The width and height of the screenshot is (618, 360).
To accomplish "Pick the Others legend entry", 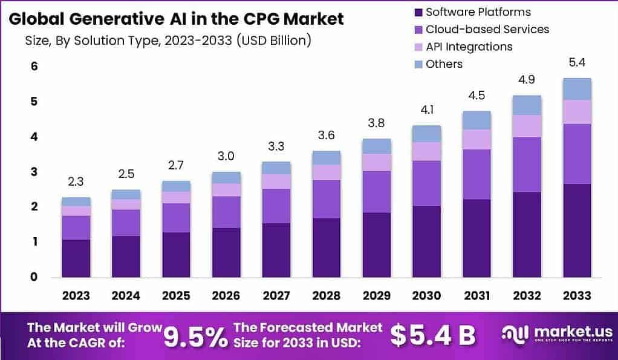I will point(444,64).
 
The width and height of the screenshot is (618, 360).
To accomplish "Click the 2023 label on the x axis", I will point(76,295).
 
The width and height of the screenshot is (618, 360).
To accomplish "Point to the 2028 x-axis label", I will point(327,295).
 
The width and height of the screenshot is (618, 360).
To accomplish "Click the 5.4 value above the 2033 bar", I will point(577,62).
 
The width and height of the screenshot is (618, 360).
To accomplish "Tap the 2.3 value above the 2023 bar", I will point(76,181).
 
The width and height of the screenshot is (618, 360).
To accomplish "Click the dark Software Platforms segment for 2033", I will point(577,230).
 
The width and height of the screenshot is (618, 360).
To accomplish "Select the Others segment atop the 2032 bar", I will point(527,105).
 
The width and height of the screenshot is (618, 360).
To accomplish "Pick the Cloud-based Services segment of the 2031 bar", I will point(477,174).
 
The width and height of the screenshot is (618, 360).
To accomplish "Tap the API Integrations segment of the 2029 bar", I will point(377,162).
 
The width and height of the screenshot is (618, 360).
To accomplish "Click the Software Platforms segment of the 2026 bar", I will point(226,252).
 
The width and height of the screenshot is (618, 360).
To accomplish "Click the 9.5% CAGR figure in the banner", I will point(197,335).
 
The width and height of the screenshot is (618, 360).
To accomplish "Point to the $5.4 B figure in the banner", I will point(432,335).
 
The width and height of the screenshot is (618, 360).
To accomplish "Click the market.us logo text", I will point(567,332).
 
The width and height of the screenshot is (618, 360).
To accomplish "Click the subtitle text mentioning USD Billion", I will point(168,41).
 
